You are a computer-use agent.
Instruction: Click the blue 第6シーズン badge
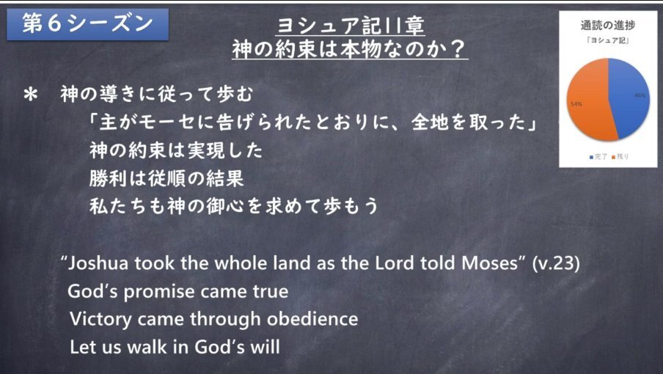[x=87, y=24]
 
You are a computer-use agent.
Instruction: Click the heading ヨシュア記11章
[x=350, y=26]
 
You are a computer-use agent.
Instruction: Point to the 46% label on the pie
[x=640, y=95]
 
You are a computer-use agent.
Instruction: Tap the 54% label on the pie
[x=576, y=104]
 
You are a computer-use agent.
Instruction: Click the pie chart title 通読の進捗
[x=607, y=26]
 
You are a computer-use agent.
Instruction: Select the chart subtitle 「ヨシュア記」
[x=607, y=40]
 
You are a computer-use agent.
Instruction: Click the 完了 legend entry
[x=598, y=157]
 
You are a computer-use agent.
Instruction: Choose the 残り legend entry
[x=620, y=157]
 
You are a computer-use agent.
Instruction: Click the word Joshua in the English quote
[x=98, y=263]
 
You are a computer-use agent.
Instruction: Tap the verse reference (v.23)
[x=556, y=263]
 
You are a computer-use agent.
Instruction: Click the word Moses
[x=490, y=263]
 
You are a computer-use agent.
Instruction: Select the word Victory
[x=100, y=320]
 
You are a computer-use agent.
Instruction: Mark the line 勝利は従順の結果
[x=166, y=179]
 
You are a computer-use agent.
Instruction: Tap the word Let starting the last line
[x=82, y=347]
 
